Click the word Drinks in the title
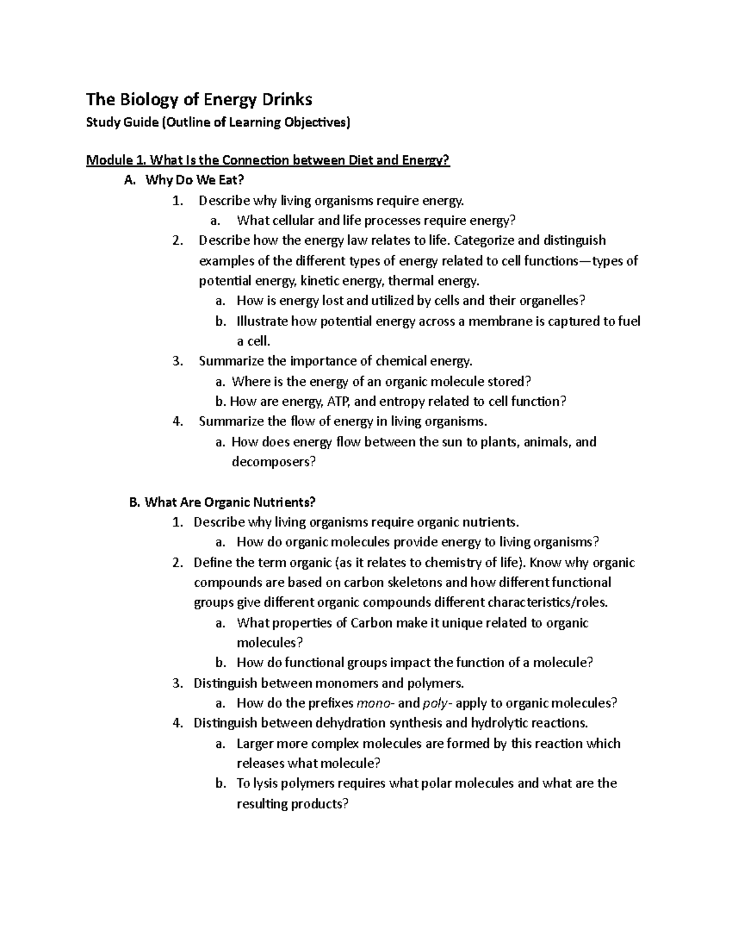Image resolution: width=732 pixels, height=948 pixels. pos(281,99)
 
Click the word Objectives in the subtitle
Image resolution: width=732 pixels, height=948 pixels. pos(317,123)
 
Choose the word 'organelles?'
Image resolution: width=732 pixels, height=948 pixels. pos(552,301)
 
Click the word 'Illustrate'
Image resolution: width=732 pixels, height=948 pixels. pos(262,321)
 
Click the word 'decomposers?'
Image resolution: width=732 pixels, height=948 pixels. pos(274,462)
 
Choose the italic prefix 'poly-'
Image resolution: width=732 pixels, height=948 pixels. pos(437,703)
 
